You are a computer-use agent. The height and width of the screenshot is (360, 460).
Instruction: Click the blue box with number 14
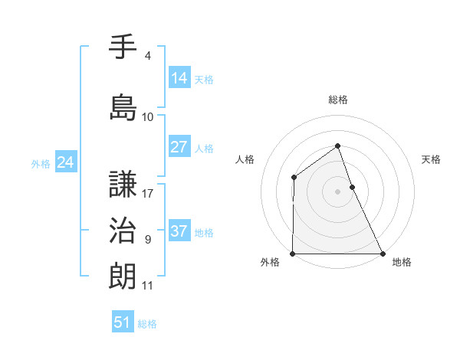[179, 77]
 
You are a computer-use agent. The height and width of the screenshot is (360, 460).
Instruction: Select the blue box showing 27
[179, 147]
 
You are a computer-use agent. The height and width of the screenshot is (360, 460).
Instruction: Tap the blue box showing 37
[179, 231]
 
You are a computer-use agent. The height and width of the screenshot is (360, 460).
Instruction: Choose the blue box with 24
[66, 162]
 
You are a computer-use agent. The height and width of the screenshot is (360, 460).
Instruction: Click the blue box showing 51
[123, 322]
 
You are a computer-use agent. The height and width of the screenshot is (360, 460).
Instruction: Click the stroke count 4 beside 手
[147, 56]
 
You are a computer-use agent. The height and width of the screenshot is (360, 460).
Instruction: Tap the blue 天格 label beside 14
[204, 79]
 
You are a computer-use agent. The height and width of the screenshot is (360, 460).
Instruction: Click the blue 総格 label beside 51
[147, 324]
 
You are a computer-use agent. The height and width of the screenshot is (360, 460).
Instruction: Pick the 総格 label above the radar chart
[337, 100]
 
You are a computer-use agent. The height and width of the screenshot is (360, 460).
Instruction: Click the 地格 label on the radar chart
[402, 263]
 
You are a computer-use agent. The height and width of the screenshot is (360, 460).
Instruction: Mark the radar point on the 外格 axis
[293, 254]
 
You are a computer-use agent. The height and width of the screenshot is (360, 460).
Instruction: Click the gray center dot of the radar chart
[337, 191]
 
